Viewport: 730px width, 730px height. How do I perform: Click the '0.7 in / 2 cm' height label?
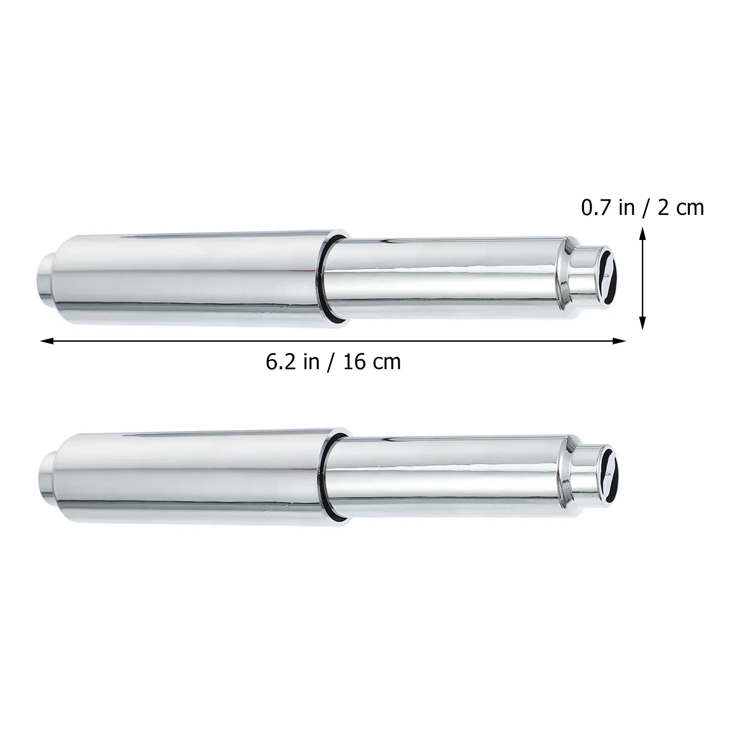pyautogui.click(x=642, y=208)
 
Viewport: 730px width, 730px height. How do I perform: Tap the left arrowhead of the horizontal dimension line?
pyautogui.click(x=47, y=340)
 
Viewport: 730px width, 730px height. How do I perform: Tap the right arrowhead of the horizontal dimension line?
pyautogui.click(x=619, y=340)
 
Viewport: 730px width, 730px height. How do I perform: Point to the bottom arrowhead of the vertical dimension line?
pyautogui.click(x=642, y=323)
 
